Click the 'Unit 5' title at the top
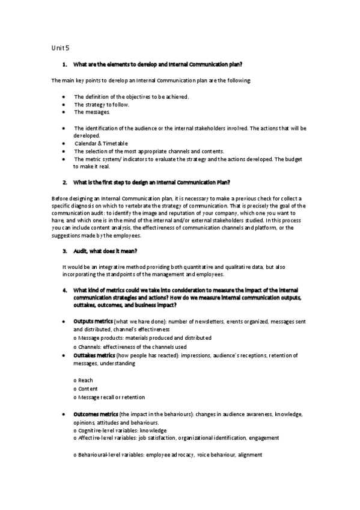[x=60, y=48]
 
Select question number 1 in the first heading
[x=64, y=64]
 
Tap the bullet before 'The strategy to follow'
[x=63, y=104]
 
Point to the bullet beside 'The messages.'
[x=63, y=112]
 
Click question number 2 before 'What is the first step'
[x=64, y=182]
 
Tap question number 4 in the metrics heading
[x=64, y=290]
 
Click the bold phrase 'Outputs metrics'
[x=93, y=322]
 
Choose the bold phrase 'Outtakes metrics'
[x=94, y=355]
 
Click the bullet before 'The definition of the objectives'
[x=63, y=96]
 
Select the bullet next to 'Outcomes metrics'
[x=63, y=415]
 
